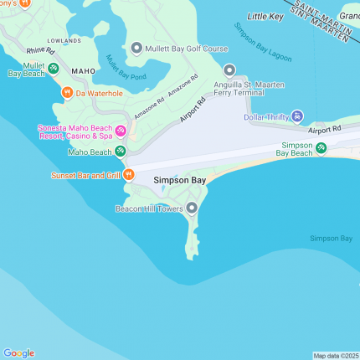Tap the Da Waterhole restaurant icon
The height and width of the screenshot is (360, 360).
click(x=67, y=92)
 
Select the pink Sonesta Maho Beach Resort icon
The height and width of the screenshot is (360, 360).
click(x=121, y=131)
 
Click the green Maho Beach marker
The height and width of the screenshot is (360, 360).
click(x=121, y=152)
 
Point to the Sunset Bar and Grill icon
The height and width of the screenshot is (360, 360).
click(x=128, y=175)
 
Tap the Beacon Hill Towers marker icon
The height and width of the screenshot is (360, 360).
click(x=192, y=208)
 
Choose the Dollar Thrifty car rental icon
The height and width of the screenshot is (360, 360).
click(x=297, y=116)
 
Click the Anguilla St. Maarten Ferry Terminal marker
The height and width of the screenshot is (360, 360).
click(x=229, y=70)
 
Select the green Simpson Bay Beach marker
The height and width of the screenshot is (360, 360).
click(x=321, y=148)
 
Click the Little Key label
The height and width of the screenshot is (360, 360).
click(x=265, y=17)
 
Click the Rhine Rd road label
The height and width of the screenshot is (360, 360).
click(x=39, y=51)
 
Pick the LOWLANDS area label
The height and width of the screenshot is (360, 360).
click(x=64, y=39)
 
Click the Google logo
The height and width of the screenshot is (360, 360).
click(x=18, y=352)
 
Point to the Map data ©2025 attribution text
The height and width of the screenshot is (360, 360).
click(x=335, y=355)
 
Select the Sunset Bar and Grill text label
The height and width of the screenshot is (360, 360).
click(x=85, y=175)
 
